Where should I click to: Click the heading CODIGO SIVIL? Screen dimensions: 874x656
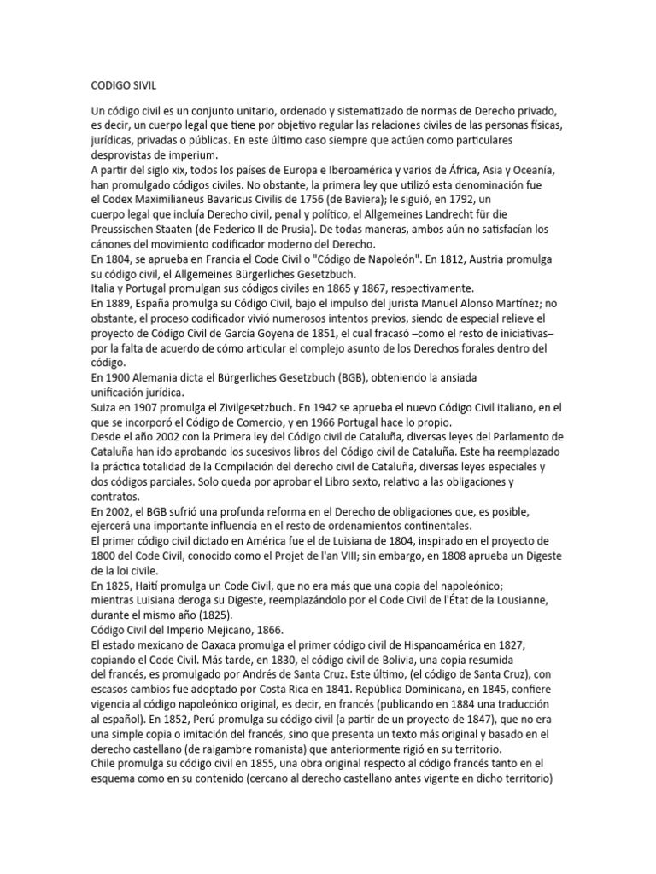coord(123,86)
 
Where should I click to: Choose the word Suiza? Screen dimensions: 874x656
coord(105,408)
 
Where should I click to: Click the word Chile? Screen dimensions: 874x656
coord(106,766)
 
